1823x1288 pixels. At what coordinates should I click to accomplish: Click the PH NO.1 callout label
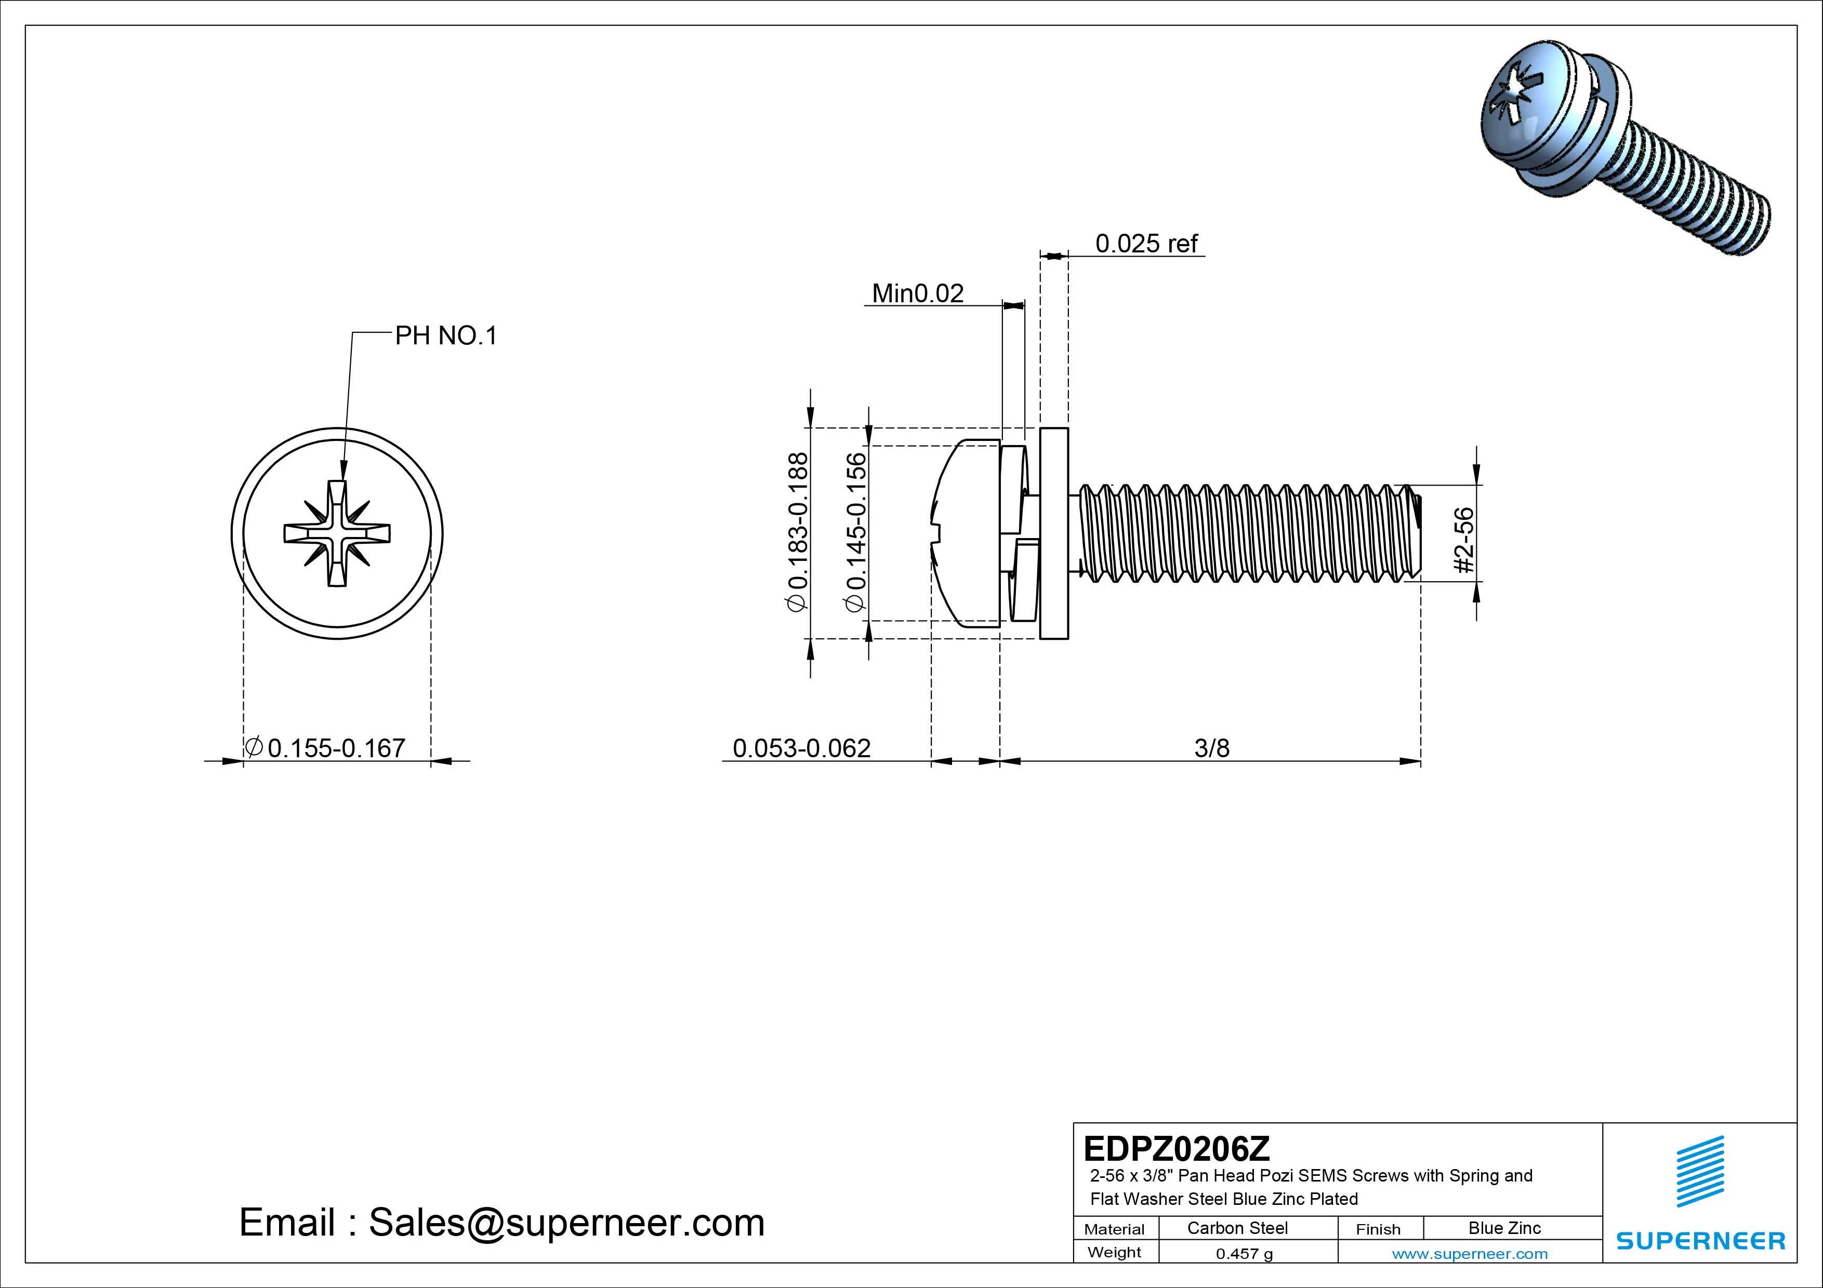(x=445, y=337)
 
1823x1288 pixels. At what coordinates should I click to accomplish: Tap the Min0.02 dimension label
(x=917, y=293)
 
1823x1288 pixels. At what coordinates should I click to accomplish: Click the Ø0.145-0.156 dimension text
(x=856, y=532)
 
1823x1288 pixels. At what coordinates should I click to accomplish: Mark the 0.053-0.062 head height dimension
(x=801, y=747)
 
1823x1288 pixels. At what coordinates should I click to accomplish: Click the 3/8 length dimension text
(x=1212, y=747)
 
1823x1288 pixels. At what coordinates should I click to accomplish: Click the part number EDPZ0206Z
(x=1176, y=1148)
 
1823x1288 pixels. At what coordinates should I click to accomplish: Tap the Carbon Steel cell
(x=1237, y=1228)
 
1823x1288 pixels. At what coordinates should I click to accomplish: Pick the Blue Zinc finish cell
(x=1504, y=1228)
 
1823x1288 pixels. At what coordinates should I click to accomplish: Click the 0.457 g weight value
(x=1244, y=1254)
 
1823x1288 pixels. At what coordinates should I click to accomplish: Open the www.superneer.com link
(x=1470, y=1254)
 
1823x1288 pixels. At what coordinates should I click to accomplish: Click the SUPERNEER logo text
(x=1700, y=1240)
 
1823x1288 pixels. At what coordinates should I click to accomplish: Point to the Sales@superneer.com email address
(x=566, y=1222)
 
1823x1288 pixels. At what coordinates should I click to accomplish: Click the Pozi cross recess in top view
(x=337, y=533)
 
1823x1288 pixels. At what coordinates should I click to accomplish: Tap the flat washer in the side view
(x=1053, y=533)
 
